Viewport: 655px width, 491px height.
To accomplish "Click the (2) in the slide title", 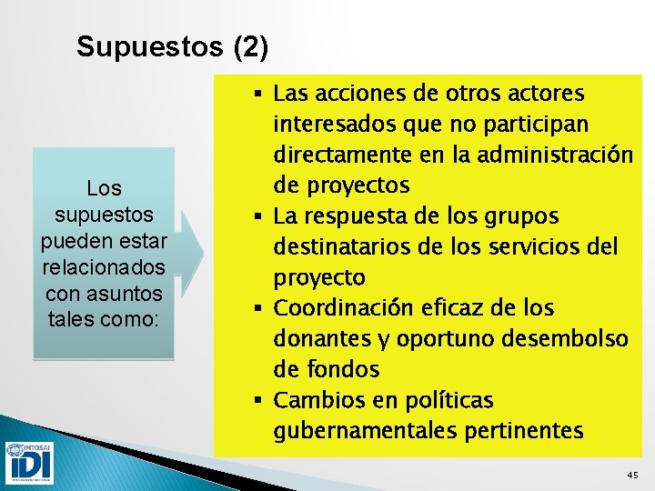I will click(251, 46).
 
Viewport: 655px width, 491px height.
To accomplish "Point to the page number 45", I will click(633, 476).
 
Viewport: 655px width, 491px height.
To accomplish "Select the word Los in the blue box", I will click(104, 189).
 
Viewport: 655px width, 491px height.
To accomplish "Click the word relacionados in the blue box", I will click(104, 268).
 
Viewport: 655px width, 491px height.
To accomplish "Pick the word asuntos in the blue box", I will click(126, 295).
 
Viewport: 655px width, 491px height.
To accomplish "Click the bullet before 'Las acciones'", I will click(260, 94).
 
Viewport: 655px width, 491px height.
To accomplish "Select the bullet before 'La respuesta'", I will click(260, 216).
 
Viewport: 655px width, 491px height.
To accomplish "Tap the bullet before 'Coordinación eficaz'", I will click(260, 308).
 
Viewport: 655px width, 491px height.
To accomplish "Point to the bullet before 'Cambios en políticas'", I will click(260, 400).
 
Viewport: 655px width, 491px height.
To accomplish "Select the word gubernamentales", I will click(356, 431).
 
